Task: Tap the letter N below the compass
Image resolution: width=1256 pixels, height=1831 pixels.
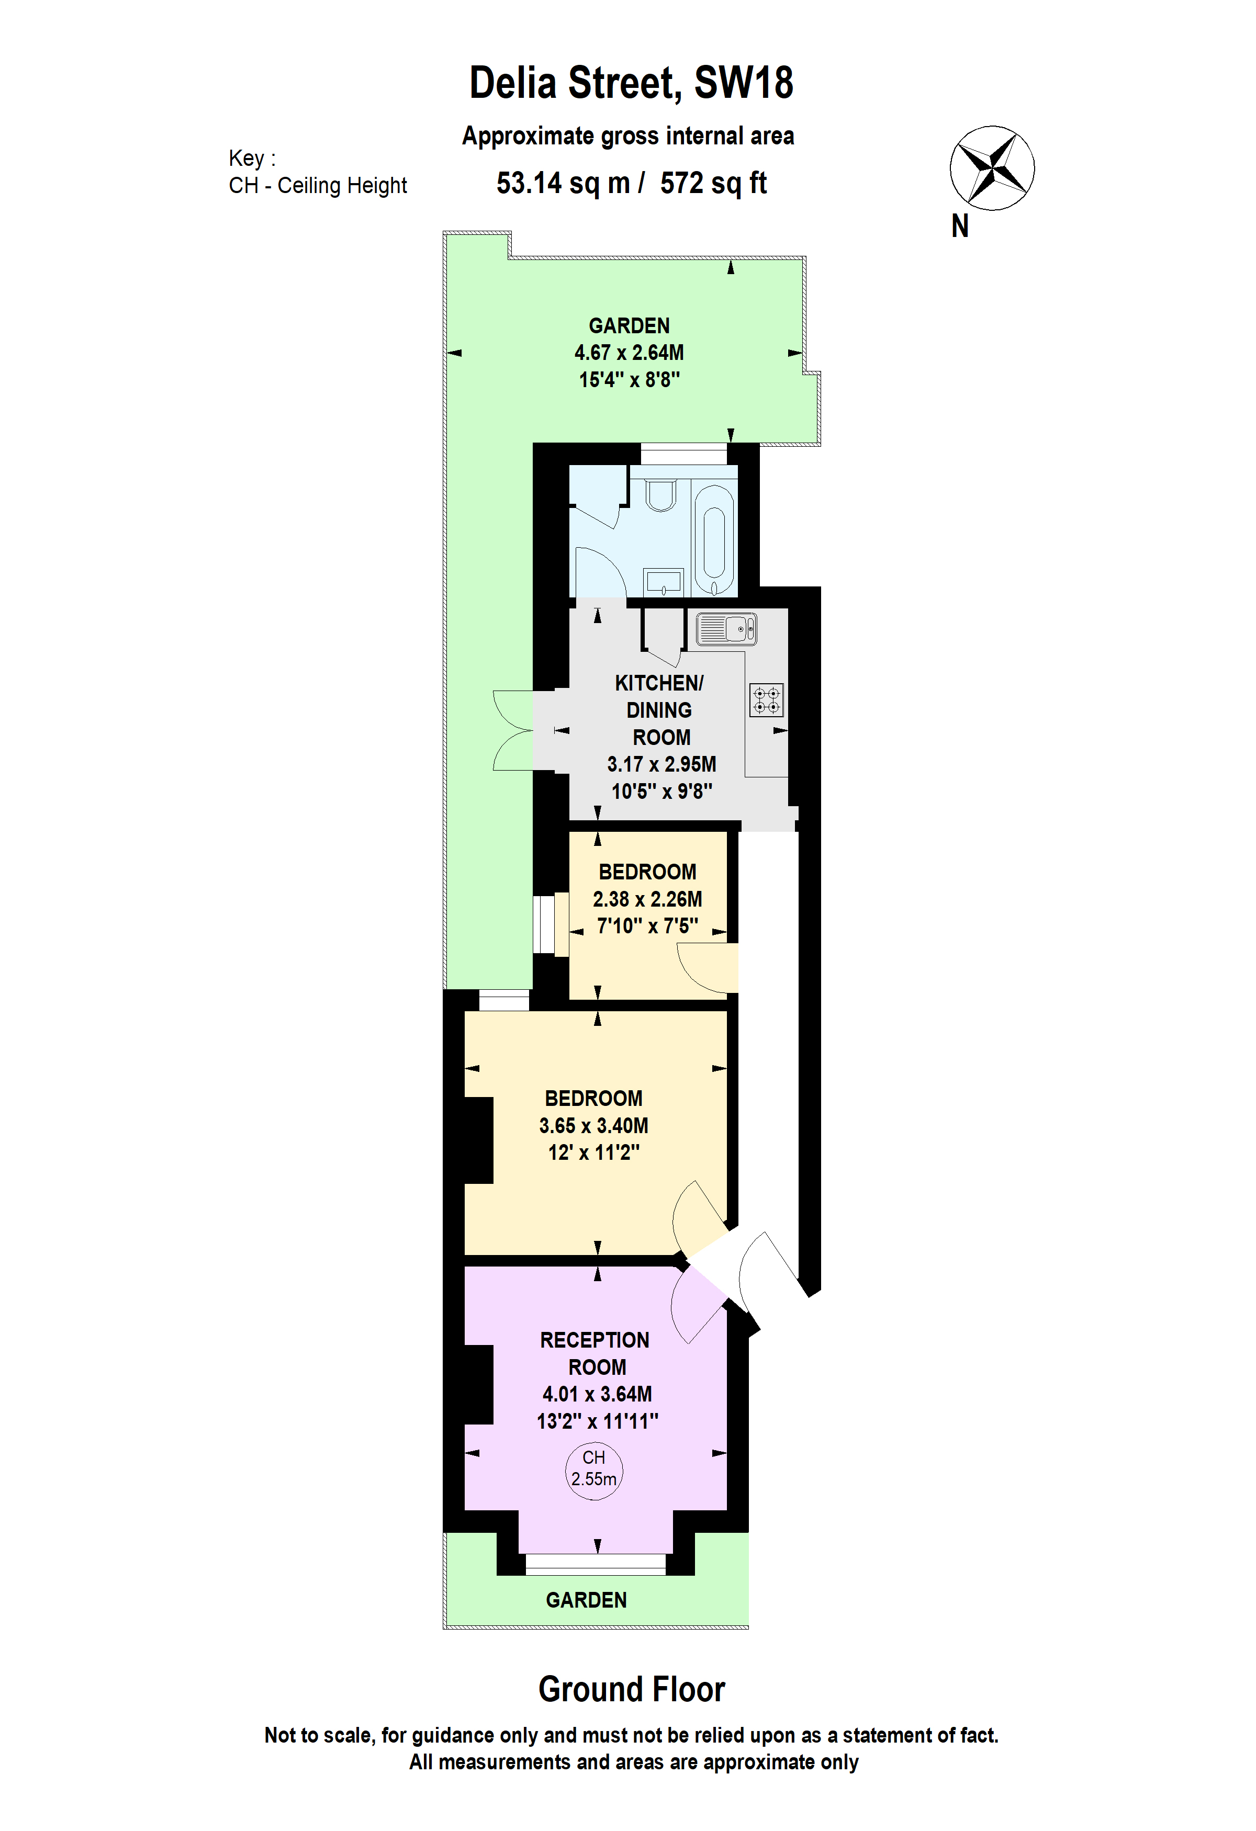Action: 960,226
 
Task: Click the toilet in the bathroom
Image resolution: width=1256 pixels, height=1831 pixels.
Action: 660,494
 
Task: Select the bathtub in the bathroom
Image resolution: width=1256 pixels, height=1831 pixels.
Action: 714,540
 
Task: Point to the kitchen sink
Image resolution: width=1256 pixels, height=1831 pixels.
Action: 726,629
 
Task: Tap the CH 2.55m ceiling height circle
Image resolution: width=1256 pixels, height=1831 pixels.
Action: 594,1468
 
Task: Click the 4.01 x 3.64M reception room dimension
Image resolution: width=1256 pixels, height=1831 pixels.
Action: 597,1394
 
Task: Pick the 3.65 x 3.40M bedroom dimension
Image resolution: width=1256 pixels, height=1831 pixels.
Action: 593,1125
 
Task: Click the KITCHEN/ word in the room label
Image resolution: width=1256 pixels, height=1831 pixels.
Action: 659,683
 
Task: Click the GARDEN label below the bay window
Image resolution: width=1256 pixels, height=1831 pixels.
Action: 586,1600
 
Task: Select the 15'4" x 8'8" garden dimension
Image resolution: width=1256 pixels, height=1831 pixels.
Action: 629,380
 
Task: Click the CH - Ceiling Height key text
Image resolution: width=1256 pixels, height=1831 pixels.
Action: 318,186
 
